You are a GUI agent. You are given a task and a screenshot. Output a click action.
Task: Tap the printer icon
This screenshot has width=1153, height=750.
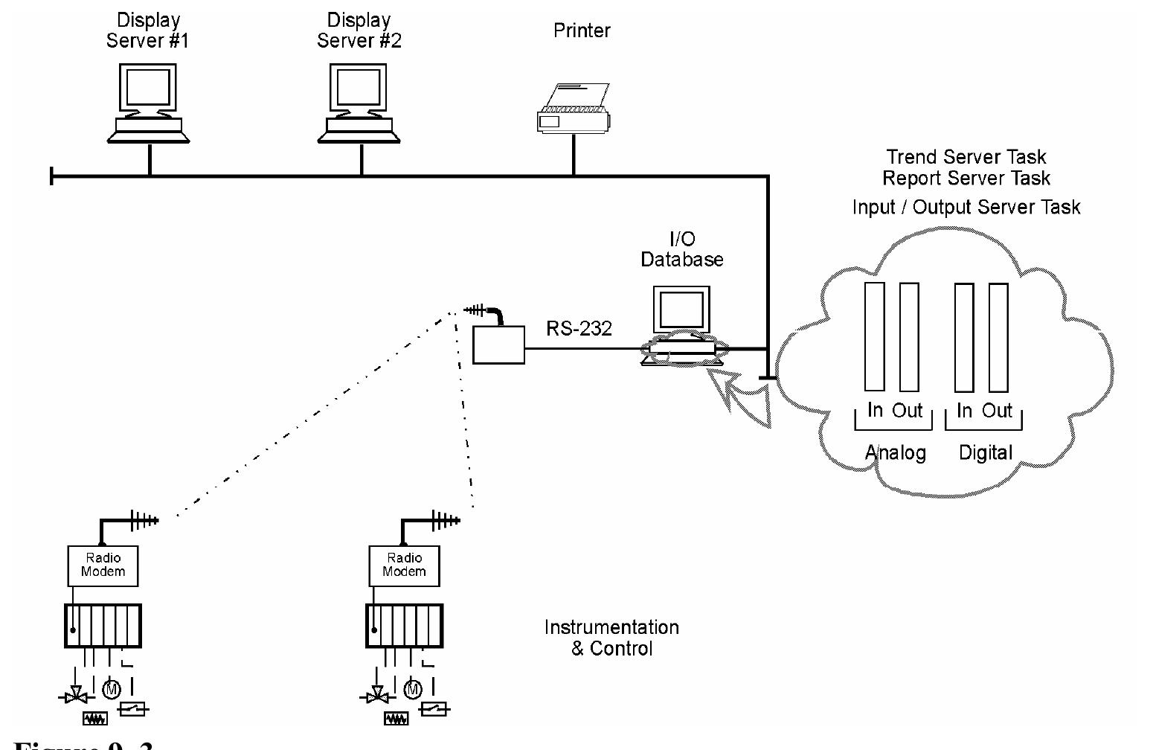(x=574, y=109)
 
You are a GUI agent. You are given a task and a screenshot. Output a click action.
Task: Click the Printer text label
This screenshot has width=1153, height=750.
(x=582, y=31)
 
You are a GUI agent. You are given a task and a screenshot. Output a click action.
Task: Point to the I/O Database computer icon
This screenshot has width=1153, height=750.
(x=681, y=324)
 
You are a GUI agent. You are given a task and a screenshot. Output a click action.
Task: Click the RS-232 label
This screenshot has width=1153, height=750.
(x=579, y=328)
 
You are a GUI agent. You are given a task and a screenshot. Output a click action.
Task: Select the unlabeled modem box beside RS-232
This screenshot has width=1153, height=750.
(x=498, y=345)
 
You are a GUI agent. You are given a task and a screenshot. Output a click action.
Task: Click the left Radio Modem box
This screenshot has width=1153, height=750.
(x=103, y=565)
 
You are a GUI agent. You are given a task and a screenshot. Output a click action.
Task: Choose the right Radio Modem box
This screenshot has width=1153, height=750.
(x=404, y=565)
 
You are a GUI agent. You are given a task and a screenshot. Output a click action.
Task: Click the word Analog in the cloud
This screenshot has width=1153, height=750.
(x=895, y=452)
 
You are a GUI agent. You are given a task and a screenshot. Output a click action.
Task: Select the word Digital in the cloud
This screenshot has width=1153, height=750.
(x=985, y=452)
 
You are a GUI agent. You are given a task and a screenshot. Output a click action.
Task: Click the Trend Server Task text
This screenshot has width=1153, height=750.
(x=966, y=157)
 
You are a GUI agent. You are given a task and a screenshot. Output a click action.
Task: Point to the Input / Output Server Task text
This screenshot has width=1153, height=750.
(x=966, y=207)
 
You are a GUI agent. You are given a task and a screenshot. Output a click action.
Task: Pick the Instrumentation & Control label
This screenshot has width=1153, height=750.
(x=611, y=638)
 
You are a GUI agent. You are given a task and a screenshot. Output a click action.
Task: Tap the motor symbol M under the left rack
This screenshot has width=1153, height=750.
(x=112, y=690)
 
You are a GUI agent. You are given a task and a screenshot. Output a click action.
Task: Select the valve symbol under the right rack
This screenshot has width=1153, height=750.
(x=377, y=697)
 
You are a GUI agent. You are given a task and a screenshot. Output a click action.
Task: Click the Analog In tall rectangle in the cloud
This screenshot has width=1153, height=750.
(x=874, y=336)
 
